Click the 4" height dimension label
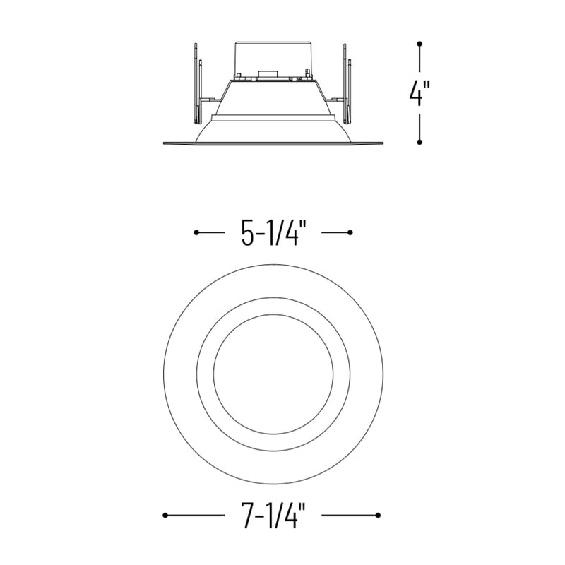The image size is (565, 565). (x=419, y=93)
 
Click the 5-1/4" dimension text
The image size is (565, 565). (x=273, y=233)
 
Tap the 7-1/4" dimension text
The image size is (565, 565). (x=273, y=516)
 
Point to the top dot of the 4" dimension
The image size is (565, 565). (x=420, y=44)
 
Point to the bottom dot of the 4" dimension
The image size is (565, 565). (x=420, y=142)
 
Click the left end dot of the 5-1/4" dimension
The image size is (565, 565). (x=196, y=233)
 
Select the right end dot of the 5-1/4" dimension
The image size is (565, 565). (x=350, y=233)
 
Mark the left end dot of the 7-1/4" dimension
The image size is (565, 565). (x=165, y=516)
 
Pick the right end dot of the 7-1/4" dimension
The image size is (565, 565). (x=378, y=516)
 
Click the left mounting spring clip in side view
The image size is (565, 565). (x=198, y=84)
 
